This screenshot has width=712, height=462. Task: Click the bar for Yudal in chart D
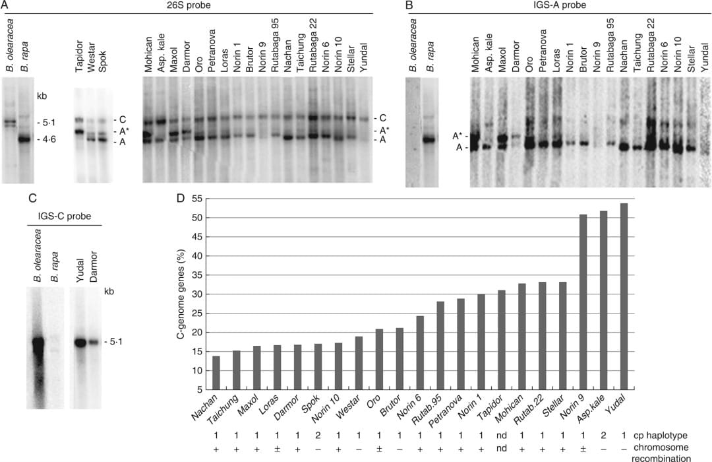(624, 296)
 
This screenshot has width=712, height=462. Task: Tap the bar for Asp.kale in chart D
(603, 300)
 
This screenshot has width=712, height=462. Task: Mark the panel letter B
(409, 6)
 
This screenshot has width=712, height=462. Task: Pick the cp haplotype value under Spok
(318, 436)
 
